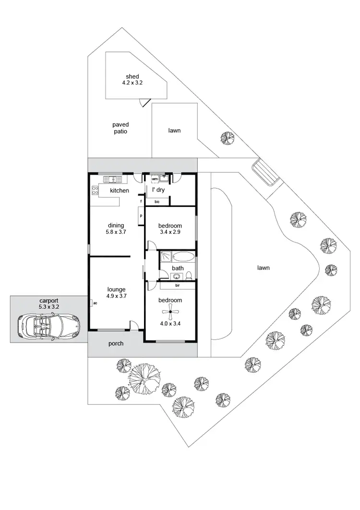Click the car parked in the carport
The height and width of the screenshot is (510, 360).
pos(47,326)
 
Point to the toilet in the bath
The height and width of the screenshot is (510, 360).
pos(190,276)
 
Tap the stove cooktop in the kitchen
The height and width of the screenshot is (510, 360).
pos(94,191)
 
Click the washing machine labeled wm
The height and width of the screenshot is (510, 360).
pos(155,179)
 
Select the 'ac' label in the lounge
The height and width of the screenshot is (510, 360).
pos(95,303)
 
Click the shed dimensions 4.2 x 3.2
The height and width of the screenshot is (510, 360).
pos(132,83)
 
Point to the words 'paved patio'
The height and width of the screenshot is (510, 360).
pos(120,128)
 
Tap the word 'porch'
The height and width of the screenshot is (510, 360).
pos(116,343)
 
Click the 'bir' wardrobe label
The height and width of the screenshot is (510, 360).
pos(177,285)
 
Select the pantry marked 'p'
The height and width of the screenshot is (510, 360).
pos(141,216)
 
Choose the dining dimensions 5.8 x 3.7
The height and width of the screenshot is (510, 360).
pos(116,231)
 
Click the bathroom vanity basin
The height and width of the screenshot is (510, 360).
pos(176,276)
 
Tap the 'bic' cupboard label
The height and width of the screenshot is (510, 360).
pos(157,202)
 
